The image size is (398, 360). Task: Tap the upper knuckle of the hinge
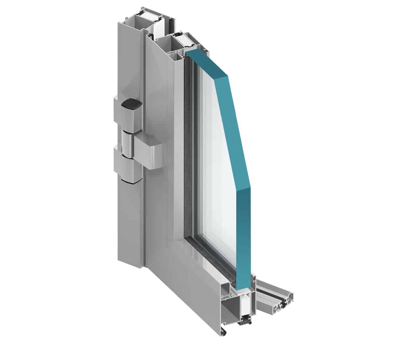(x=127, y=117)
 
